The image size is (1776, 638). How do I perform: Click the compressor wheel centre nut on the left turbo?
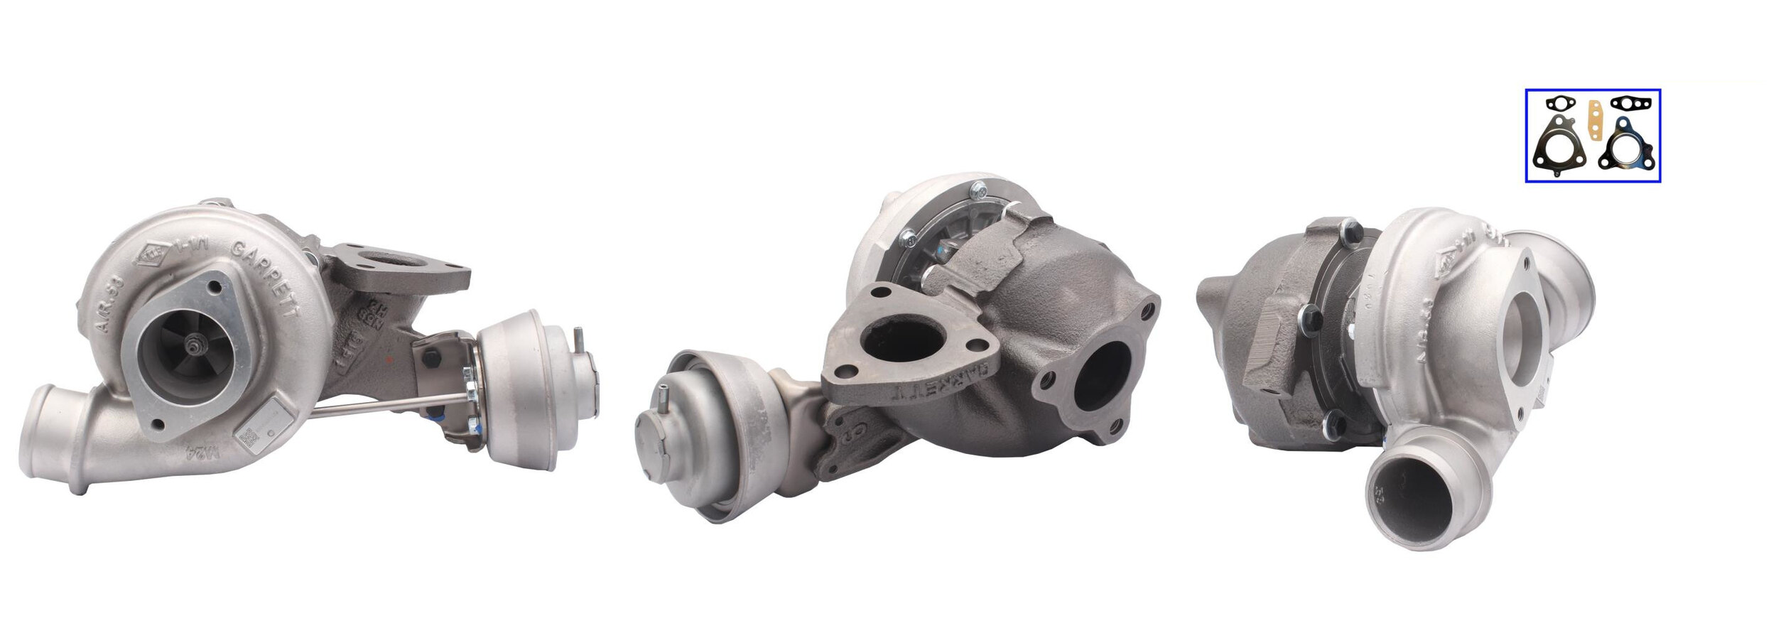(193, 347)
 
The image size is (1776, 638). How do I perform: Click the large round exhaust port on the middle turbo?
(1101, 377)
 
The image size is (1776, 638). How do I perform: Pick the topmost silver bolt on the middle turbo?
(979, 190)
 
